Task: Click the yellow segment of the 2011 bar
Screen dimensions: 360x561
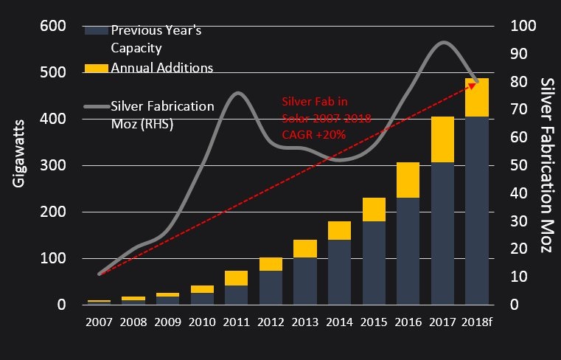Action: pos(236,278)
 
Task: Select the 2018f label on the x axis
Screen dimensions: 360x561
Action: pos(478,322)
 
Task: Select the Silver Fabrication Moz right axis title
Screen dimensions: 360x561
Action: pos(546,165)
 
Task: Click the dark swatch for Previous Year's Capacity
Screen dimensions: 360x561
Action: pos(97,30)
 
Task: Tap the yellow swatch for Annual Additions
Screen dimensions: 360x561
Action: pos(97,68)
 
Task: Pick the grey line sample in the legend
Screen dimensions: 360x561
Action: pos(97,105)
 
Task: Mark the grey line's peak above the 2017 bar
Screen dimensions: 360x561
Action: pos(443,42)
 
